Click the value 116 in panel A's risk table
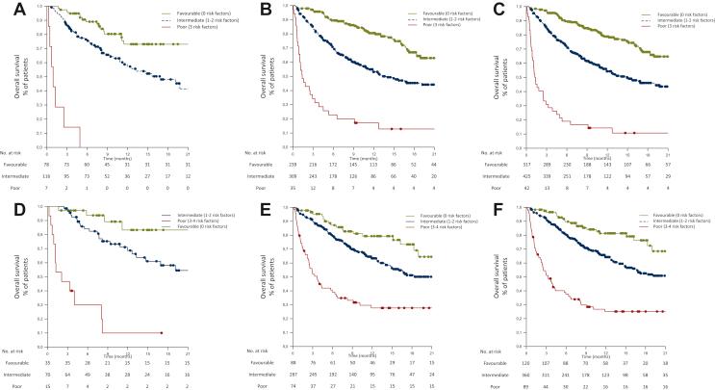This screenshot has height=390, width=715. point(48,176)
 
